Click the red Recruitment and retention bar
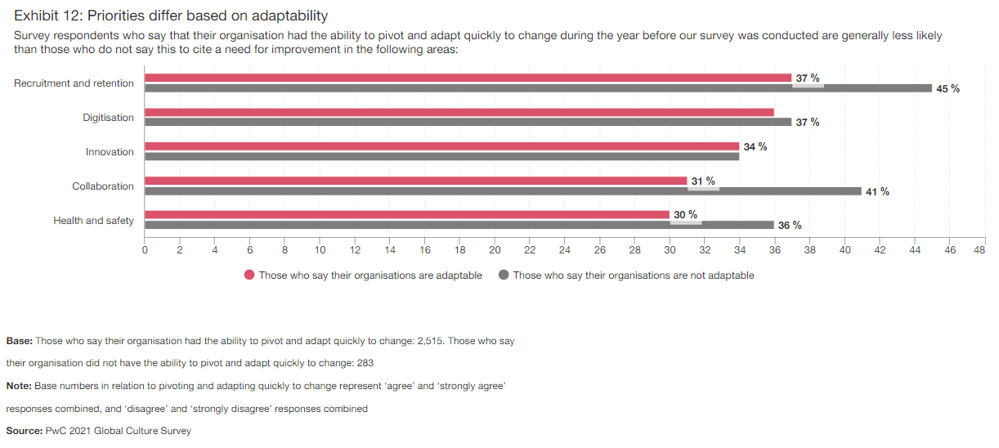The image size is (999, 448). (x=468, y=78)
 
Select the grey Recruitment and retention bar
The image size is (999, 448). (x=538, y=88)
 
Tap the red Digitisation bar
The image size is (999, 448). (x=459, y=112)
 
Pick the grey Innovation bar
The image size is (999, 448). (x=441, y=156)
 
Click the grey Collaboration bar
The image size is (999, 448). (x=503, y=191)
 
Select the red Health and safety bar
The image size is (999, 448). (x=406, y=215)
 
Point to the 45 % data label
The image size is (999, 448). (x=947, y=89)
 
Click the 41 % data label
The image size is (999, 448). (x=877, y=192)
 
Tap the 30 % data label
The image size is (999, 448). (x=685, y=215)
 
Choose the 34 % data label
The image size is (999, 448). (x=755, y=147)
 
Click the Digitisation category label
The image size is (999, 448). (x=108, y=118)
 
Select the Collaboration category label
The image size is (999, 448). (x=102, y=186)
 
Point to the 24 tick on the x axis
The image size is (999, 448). (x=565, y=251)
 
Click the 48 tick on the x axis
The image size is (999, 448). (x=979, y=251)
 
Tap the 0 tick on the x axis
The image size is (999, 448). (x=145, y=251)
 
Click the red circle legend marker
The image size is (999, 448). (x=249, y=276)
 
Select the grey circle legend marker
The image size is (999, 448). (x=504, y=276)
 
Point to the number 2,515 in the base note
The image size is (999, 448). (x=430, y=341)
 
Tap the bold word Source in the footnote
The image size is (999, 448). (x=24, y=431)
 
